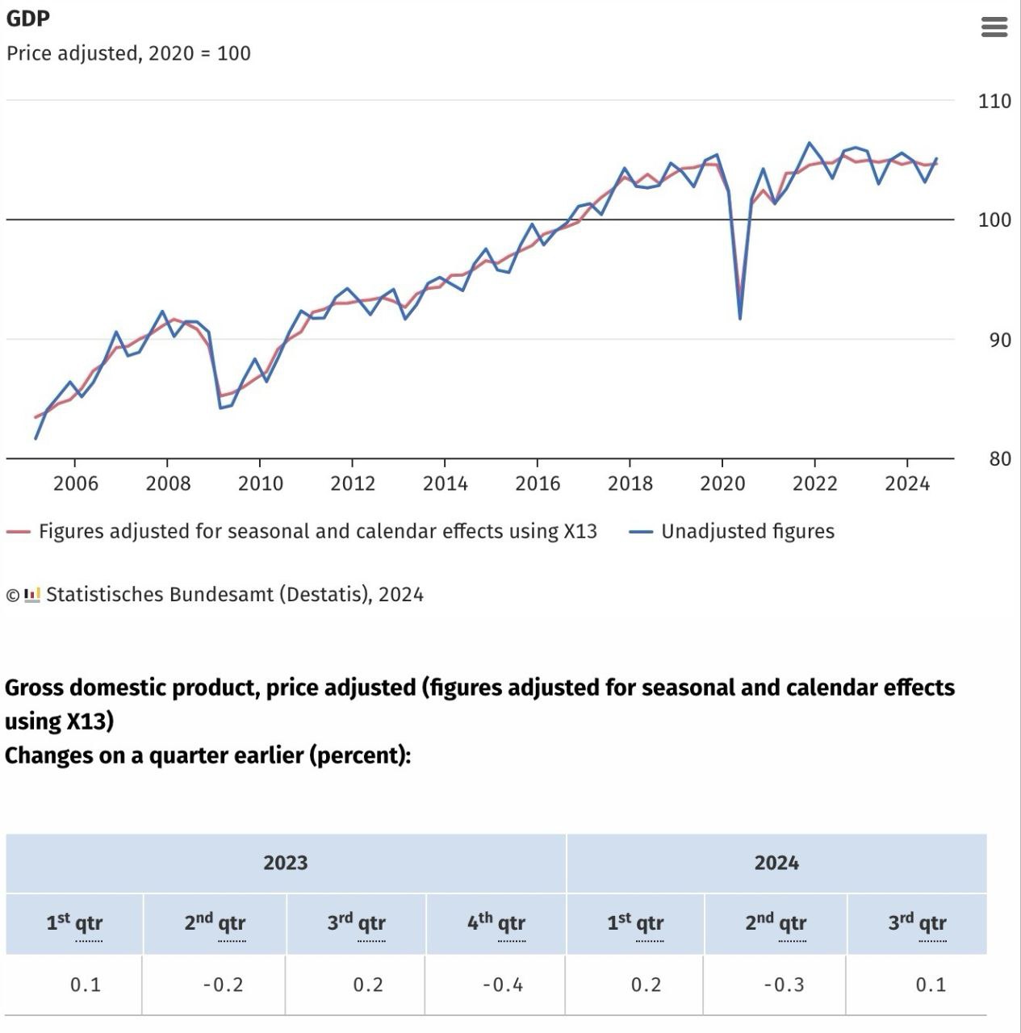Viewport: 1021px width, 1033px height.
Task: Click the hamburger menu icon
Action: [x=994, y=27]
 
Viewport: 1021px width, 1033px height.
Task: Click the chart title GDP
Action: [x=27, y=18]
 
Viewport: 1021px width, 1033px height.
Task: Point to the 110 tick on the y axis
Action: [x=994, y=101]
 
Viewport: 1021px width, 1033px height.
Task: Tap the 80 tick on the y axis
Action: [x=999, y=458]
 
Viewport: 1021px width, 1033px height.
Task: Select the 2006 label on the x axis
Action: [x=75, y=483]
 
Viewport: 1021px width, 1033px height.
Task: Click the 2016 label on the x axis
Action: [x=538, y=483]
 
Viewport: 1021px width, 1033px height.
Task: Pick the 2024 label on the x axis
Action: [x=907, y=483]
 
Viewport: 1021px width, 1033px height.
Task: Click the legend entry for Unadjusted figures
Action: [x=747, y=531]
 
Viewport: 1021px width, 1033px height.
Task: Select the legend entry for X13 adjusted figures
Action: [x=317, y=531]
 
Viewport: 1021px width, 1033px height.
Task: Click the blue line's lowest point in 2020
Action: [x=740, y=318]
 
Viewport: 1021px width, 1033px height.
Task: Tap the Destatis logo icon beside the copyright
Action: [x=32, y=595]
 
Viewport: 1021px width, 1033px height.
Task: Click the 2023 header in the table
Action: [x=286, y=863]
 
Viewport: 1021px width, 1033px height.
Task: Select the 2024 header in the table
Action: [x=776, y=863]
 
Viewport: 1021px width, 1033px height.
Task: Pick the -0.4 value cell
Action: [x=503, y=985]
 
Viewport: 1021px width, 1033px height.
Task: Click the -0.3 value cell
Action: [x=785, y=985]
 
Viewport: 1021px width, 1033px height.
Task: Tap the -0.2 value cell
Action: [x=223, y=985]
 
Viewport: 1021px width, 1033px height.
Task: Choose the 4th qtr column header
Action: [x=496, y=922]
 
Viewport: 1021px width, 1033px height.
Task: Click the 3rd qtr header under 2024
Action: [x=917, y=922]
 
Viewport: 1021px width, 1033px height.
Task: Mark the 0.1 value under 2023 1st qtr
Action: [x=86, y=985]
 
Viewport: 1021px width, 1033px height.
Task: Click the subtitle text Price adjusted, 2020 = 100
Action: [x=128, y=53]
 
